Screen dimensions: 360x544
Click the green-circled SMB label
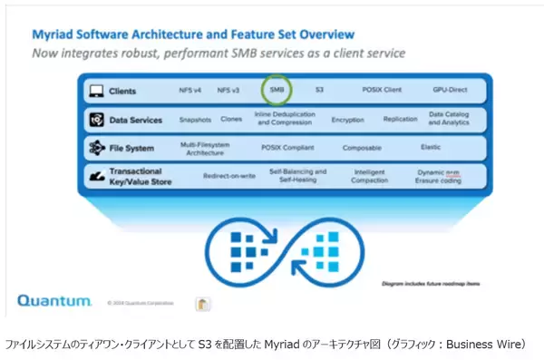277,91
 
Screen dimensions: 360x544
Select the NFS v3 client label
230,91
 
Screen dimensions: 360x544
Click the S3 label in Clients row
319,91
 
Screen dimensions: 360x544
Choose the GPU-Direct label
448,91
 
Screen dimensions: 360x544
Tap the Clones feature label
231,119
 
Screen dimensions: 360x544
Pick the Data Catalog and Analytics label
448,119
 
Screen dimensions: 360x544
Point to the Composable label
362,147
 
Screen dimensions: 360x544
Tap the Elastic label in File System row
431,147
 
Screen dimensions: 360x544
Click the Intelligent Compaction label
371,174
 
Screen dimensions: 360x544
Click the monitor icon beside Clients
93,91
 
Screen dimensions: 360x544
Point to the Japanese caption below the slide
272,345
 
